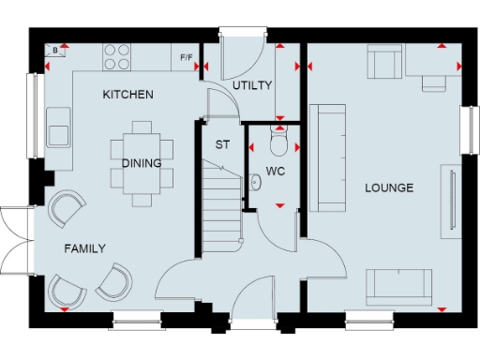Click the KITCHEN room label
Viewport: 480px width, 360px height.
[128, 95]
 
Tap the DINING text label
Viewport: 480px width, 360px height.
[142, 162]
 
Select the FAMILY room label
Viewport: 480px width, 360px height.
[84, 247]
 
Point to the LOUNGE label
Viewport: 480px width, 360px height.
[389, 187]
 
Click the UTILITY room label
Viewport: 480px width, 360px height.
[252, 85]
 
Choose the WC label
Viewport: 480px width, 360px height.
[275, 172]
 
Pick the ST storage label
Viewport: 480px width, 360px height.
[222, 145]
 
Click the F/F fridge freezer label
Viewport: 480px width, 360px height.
[187, 58]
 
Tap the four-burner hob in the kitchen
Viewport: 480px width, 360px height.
[118, 57]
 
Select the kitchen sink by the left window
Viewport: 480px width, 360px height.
[58, 126]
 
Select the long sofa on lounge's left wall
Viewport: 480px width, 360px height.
[329, 157]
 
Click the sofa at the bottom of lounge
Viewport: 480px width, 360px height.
[399, 285]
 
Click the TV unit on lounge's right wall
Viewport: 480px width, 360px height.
[451, 199]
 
